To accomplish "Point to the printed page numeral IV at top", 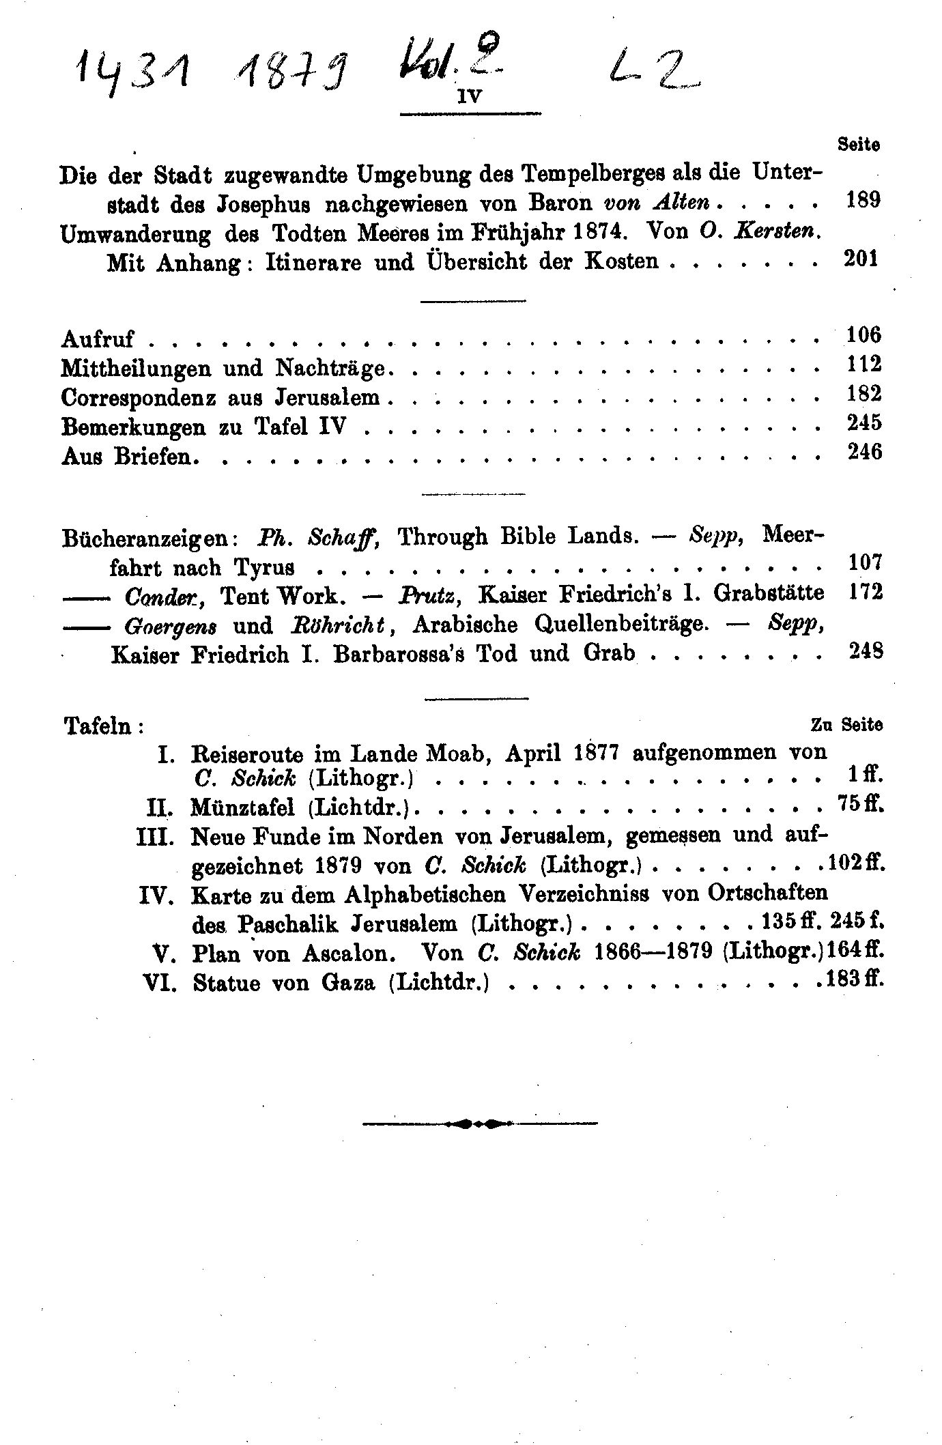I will pyautogui.click(x=469, y=98).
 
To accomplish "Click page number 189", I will pyautogui.click(x=863, y=200).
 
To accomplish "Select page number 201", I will pyautogui.click(x=861, y=259).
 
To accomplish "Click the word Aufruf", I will pyautogui.click(x=98, y=339).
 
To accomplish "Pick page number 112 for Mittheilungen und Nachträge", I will pyautogui.click(x=864, y=364).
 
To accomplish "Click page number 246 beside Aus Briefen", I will pyautogui.click(x=864, y=452).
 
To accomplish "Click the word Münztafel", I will pyautogui.click(x=243, y=808).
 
